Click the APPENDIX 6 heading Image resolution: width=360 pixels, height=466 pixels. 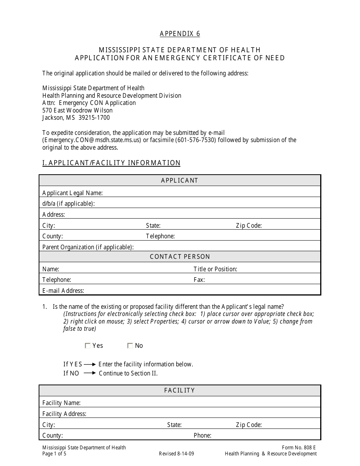point(180,34)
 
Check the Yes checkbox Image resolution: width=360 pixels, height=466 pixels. point(88,346)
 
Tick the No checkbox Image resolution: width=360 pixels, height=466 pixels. point(130,346)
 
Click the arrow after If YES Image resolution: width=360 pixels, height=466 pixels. point(90,364)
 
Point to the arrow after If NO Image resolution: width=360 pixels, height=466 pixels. point(90,373)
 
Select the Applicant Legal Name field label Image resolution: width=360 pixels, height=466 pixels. point(72,193)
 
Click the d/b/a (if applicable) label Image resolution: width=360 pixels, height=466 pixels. point(68,203)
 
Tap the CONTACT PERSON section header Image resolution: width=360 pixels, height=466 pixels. point(180,257)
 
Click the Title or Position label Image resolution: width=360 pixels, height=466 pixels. point(215,269)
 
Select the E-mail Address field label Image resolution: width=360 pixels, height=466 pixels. point(63,291)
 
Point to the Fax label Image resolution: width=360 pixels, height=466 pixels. point(199,280)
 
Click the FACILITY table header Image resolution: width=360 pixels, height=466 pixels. point(180,390)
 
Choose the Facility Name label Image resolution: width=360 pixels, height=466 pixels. point(61,403)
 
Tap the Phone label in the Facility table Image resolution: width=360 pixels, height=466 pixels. point(202,435)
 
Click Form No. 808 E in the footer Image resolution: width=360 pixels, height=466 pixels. point(299,447)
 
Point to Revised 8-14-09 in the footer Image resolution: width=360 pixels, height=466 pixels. point(177,453)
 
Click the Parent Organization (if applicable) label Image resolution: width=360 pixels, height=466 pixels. point(88,247)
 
